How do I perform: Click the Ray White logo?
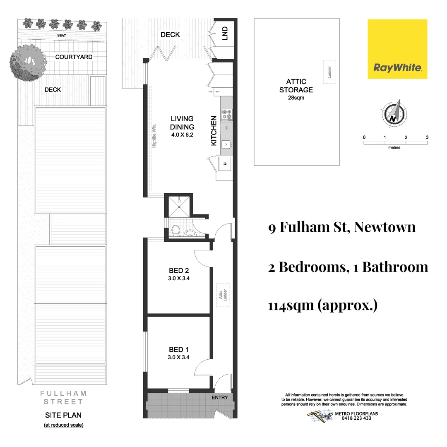[397, 49]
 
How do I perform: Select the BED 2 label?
[179, 271]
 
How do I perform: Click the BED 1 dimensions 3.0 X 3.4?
[179, 358]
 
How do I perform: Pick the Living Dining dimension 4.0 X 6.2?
[182, 135]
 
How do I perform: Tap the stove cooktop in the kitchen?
[227, 114]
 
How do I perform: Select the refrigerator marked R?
[225, 163]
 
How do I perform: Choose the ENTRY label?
[219, 397]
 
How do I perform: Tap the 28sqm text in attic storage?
[296, 98]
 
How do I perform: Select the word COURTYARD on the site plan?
[74, 57]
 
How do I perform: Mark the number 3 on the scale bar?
[427, 137]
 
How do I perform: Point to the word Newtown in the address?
[385, 227]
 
